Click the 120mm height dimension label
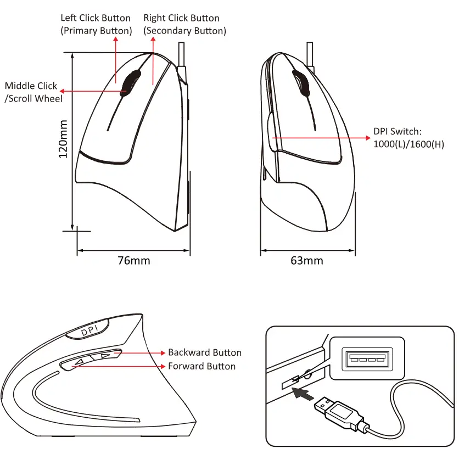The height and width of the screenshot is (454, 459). click(x=65, y=139)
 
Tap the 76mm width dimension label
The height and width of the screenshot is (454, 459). click(x=133, y=260)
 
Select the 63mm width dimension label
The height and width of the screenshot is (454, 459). click(x=306, y=260)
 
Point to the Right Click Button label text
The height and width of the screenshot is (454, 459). click(x=181, y=19)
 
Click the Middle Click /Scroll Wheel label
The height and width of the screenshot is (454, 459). click(x=33, y=92)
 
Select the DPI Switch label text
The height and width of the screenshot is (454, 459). click(x=397, y=131)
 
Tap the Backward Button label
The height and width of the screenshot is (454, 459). click(x=204, y=352)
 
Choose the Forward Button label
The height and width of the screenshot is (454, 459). click(x=201, y=366)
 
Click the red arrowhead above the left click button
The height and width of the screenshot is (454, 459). click(x=115, y=41)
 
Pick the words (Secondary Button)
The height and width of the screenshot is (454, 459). click(x=184, y=31)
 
